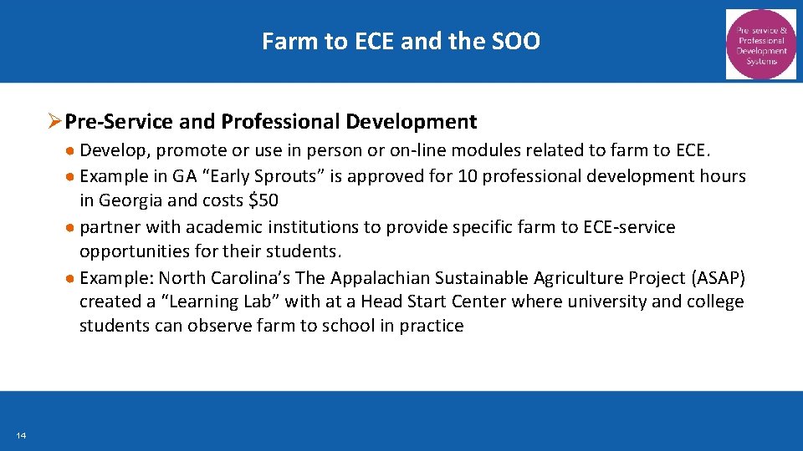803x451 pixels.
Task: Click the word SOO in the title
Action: [x=518, y=41]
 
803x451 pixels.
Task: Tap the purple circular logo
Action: [x=761, y=43]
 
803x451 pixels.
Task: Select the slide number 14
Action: [x=20, y=435]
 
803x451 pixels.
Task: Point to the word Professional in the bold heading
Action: [x=280, y=122]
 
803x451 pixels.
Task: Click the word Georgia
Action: [x=130, y=200]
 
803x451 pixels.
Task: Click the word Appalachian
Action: [x=385, y=277]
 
